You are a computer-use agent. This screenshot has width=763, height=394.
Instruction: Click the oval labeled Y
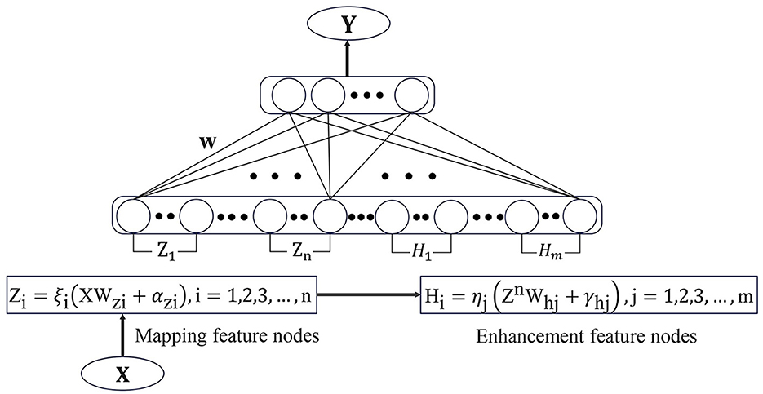tap(348, 24)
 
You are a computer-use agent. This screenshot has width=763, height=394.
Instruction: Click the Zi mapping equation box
tap(164, 289)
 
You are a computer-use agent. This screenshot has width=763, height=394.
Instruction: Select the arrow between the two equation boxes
tap(368, 289)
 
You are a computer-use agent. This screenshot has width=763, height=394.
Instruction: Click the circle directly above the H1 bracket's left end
tap(393, 217)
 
